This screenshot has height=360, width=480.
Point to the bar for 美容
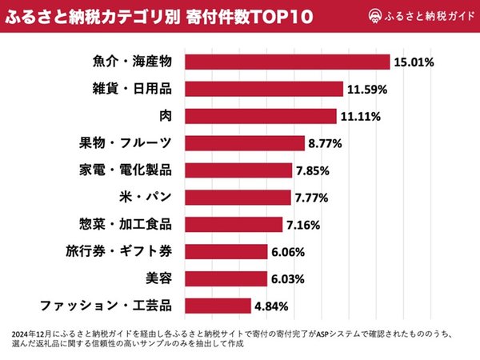click(x=226, y=278)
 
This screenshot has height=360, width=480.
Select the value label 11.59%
click(x=366, y=89)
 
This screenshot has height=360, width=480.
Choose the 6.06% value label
click(x=290, y=251)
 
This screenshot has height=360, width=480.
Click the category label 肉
click(x=165, y=116)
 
